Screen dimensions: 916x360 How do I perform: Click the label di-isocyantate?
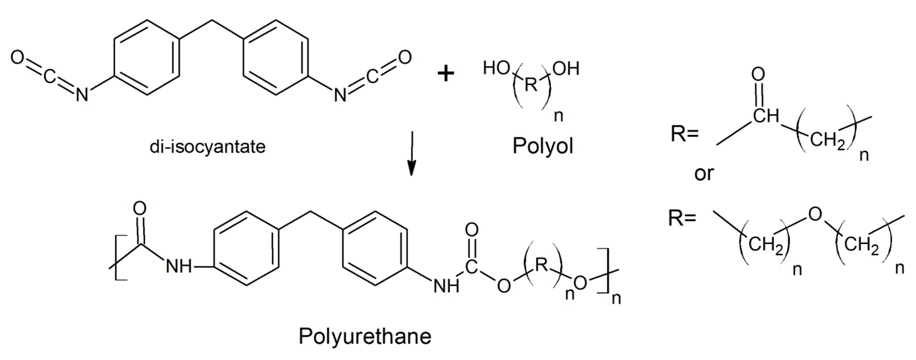[x=207, y=146]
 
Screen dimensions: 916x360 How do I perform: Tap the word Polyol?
[x=543, y=146]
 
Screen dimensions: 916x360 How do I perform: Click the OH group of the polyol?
[x=566, y=68]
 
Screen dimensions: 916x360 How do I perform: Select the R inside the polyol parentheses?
[x=531, y=85]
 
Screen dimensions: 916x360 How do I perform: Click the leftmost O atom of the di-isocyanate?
[x=17, y=57]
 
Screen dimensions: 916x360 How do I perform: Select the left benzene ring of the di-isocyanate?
[x=146, y=57]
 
